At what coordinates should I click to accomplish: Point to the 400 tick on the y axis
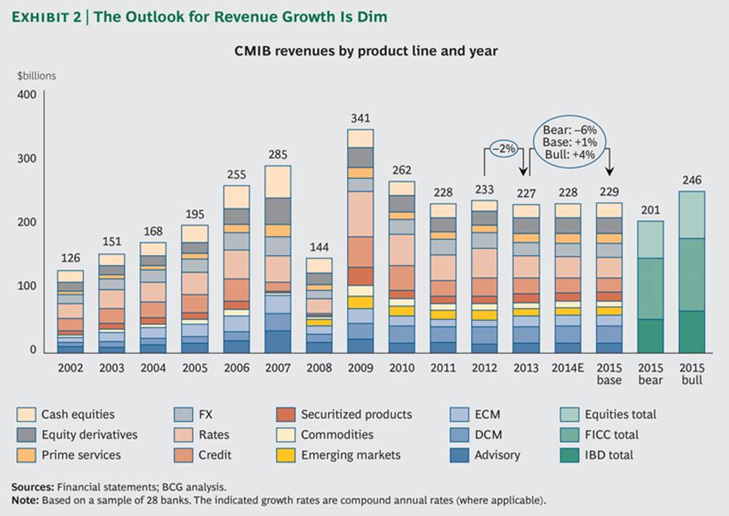click(x=27, y=95)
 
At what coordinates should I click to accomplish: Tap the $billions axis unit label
click(x=36, y=75)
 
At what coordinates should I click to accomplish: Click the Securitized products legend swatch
click(x=286, y=415)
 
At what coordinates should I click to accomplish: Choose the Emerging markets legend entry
click(x=350, y=455)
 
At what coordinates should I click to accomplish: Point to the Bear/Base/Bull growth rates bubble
click(x=570, y=141)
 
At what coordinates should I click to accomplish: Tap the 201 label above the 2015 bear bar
click(x=651, y=211)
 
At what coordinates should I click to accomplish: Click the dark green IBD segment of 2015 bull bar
click(x=692, y=332)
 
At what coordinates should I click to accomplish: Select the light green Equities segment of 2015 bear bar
click(x=651, y=239)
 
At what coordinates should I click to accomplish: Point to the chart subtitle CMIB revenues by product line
click(x=365, y=51)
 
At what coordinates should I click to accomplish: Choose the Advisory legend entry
click(x=496, y=455)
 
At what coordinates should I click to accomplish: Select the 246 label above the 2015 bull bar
click(x=692, y=179)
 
